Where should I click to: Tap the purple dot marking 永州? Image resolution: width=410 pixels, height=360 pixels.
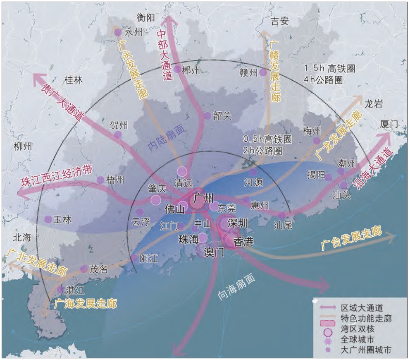pos(118,32)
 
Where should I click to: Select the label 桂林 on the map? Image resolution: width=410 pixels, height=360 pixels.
pos(73,80)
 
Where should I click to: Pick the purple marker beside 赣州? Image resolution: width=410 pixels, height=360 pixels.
pos(262,72)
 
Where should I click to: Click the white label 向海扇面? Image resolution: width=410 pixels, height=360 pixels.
pos(236,286)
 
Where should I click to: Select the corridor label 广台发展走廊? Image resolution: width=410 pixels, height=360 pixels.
pos(351,240)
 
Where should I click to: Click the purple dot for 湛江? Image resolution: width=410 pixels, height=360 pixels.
pos(61,290)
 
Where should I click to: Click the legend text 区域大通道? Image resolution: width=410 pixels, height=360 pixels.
pos(362,308)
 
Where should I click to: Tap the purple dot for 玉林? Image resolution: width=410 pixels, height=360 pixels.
pos(48,219)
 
